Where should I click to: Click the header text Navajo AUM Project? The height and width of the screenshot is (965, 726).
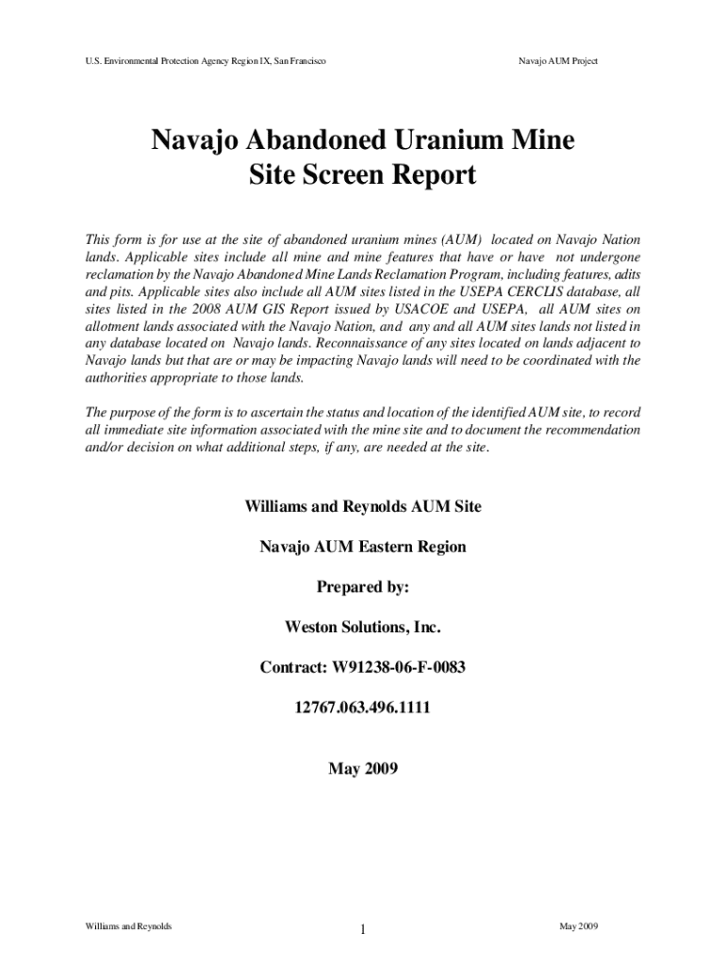coord(558,61)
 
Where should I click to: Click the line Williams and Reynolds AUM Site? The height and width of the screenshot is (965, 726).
coord(363,506)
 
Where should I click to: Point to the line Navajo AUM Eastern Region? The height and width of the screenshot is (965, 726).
coord(363,547)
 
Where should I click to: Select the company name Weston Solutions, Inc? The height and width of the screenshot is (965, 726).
coord(363,627)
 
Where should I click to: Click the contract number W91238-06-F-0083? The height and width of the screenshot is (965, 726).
coord(399,667)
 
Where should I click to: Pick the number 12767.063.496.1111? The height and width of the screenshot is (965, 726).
coord(363,707)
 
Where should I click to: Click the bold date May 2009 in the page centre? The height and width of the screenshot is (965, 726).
coord(363,769)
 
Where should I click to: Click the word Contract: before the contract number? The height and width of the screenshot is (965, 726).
coord(293,667)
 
